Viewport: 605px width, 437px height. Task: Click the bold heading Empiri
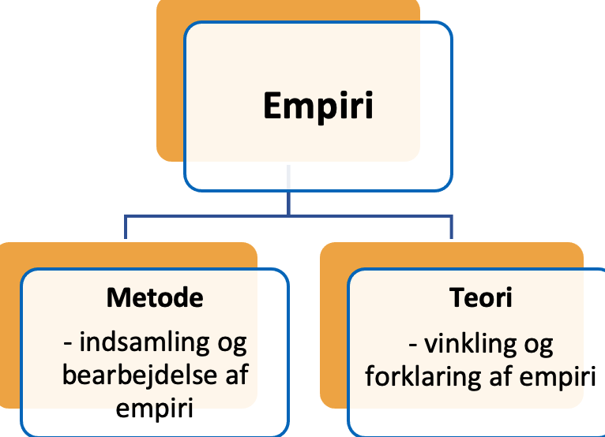click(x=318, y=106)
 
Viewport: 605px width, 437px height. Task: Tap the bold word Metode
click(x=155, y=297)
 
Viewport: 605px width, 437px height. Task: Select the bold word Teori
click(x=481, y=297)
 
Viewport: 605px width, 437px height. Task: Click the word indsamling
click(x=145, y=343)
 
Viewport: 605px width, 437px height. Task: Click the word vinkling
click(x=471, y=344)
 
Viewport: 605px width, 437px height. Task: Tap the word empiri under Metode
click(x=154, y=409)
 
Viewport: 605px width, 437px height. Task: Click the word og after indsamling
click(x=232, y=345)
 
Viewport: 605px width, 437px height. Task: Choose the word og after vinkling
click(x=539, y=345)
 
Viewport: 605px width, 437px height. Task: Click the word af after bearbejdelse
click(x=237, y=375)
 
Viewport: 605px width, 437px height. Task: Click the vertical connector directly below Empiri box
click(x=288, y=190)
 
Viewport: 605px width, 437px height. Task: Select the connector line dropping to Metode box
click(x=126, y=227)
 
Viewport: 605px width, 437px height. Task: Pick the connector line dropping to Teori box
click(x=452, y=227)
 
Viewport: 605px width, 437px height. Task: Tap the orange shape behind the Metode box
click(x=10, y=327)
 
